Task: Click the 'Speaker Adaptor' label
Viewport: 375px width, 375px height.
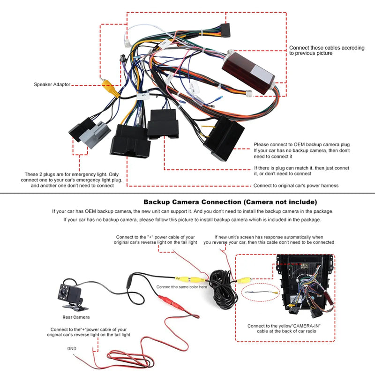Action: (52, 85)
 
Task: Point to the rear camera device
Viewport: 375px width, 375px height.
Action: (72, 294)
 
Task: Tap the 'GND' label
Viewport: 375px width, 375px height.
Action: (72, 349)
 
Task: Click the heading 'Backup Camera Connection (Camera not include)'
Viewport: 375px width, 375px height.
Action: (230, 202)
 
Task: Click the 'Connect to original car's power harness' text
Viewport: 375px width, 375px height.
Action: (296, 186)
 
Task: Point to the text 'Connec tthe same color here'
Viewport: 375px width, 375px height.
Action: (181, 287)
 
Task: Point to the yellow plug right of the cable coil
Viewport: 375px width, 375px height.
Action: (244, 280)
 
